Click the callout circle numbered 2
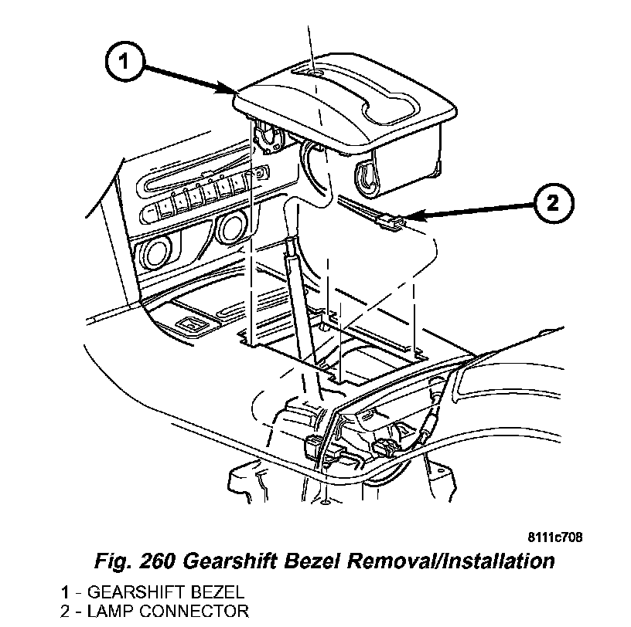pos(551,203)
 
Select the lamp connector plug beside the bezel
pos(393,223)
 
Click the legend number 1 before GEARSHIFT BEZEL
pos(67,593)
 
